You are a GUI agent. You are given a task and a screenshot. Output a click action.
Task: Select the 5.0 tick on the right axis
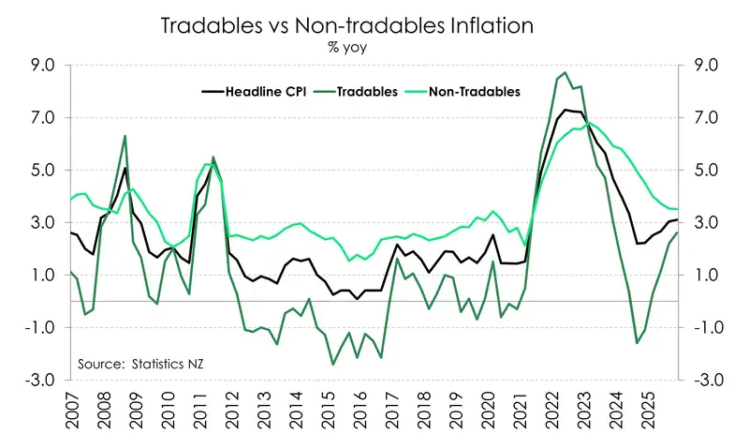point(704,171)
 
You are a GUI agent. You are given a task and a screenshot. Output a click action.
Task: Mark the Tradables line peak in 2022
point(565,72)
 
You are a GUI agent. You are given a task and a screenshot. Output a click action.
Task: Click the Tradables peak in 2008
point(125,136)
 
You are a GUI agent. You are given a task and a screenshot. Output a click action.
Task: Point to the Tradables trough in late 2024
point(638,343)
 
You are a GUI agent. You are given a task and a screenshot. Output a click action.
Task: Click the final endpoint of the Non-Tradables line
point(678,209)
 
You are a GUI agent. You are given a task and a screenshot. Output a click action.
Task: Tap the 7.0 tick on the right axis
point(704,118)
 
